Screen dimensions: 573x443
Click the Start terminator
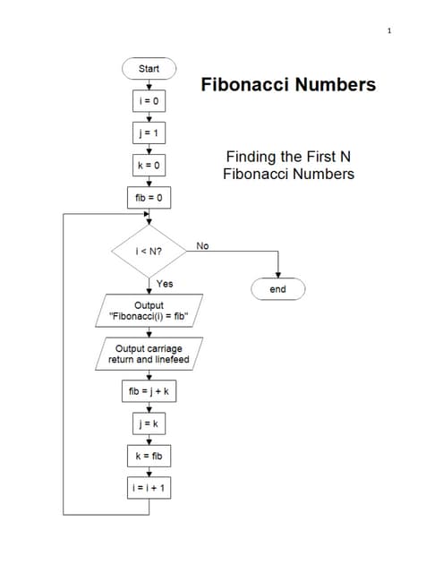point(149,68)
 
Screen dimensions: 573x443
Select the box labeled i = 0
point(149,101)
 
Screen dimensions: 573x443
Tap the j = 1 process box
point(149,134)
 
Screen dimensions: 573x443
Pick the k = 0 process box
point(149,167)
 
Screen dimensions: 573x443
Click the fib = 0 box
point(149,197)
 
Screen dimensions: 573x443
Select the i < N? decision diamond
point(148,252)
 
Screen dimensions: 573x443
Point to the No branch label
point(202,244)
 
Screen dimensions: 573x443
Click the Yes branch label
point(165,284)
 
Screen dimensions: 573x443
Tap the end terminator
point(278,289)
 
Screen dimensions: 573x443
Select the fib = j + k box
point(149,391)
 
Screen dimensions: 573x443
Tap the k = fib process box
point(149,456)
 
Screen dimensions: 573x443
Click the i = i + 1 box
point(149,488)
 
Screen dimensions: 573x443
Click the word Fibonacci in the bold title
point(244,85)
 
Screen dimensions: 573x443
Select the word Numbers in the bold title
point(334,85)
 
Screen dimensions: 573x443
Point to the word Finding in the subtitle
point(253,157)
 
